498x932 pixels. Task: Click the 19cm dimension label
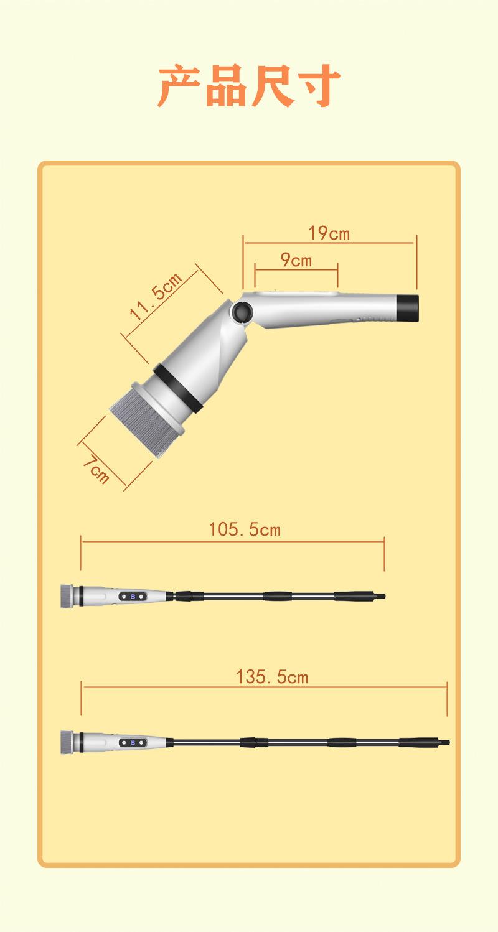[329, 233]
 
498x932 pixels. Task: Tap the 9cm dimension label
[296, 260]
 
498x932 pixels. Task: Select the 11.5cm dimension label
[156, 296]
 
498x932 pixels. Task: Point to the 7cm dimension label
[96, 470]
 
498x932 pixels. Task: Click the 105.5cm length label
[245, 529]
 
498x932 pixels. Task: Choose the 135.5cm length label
[272, 677]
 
